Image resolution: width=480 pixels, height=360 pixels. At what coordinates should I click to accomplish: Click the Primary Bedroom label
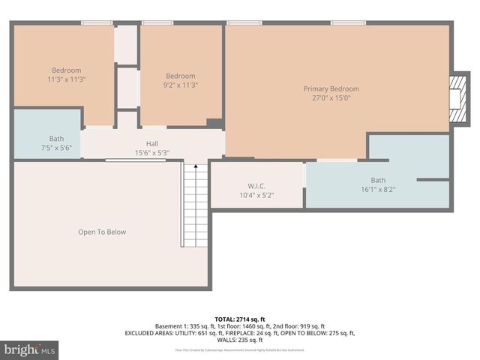click(331, 88)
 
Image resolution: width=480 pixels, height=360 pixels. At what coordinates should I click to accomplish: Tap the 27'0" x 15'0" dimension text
click(331, 97)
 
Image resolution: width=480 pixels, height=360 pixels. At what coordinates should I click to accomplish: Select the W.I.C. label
click(256, 186)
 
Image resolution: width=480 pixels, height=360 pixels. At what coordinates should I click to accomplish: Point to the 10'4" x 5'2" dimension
click(256, 195)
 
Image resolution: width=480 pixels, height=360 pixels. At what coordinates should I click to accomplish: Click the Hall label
click(152, 143)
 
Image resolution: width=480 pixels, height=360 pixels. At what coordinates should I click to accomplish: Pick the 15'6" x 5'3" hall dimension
click(152, 152)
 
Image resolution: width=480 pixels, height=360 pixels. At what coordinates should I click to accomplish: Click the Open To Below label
click(102, 232)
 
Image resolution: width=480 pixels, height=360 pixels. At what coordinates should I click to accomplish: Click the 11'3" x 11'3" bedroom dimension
click(67, 79)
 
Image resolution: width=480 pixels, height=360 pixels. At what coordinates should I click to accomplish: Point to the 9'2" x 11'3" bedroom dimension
click(181, 85)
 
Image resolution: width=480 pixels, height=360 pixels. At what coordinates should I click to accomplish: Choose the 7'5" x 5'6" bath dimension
click(56, 148)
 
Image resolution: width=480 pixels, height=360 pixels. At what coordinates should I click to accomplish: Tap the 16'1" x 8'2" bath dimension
click(378, 189)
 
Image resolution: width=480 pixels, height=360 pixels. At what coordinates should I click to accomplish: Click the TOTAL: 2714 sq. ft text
click(239, 319)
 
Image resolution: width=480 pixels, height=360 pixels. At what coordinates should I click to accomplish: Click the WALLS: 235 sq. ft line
click(239, 340)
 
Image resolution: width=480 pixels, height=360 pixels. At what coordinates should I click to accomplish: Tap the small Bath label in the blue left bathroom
click(56, 139)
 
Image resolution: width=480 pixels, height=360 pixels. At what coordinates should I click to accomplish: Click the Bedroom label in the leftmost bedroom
click(66, 70)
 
